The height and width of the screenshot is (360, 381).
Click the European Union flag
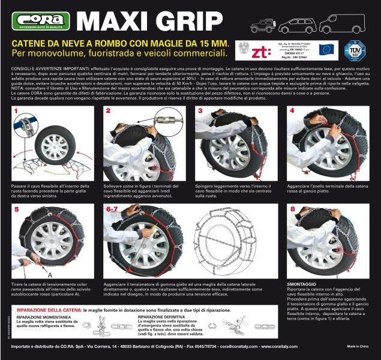coord(327,49)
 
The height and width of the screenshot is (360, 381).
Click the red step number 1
coord(16,112)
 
